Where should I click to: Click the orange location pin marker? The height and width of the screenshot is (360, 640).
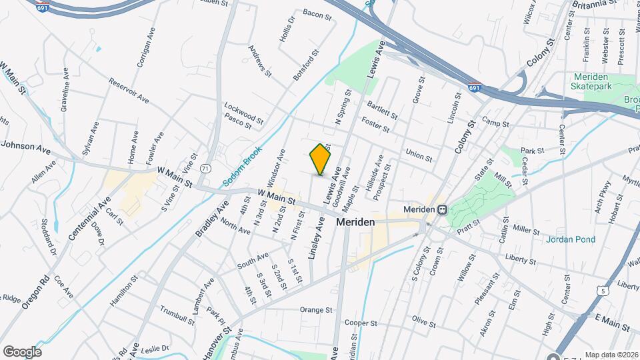(321, 159)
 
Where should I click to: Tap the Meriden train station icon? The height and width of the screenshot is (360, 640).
(442, 209)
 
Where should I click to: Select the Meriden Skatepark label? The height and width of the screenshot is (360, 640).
(597, 81)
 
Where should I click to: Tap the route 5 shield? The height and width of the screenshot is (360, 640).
(603, 291)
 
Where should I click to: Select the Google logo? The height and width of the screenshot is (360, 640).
(22, 351)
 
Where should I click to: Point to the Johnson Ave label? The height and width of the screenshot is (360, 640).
(25, 146)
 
